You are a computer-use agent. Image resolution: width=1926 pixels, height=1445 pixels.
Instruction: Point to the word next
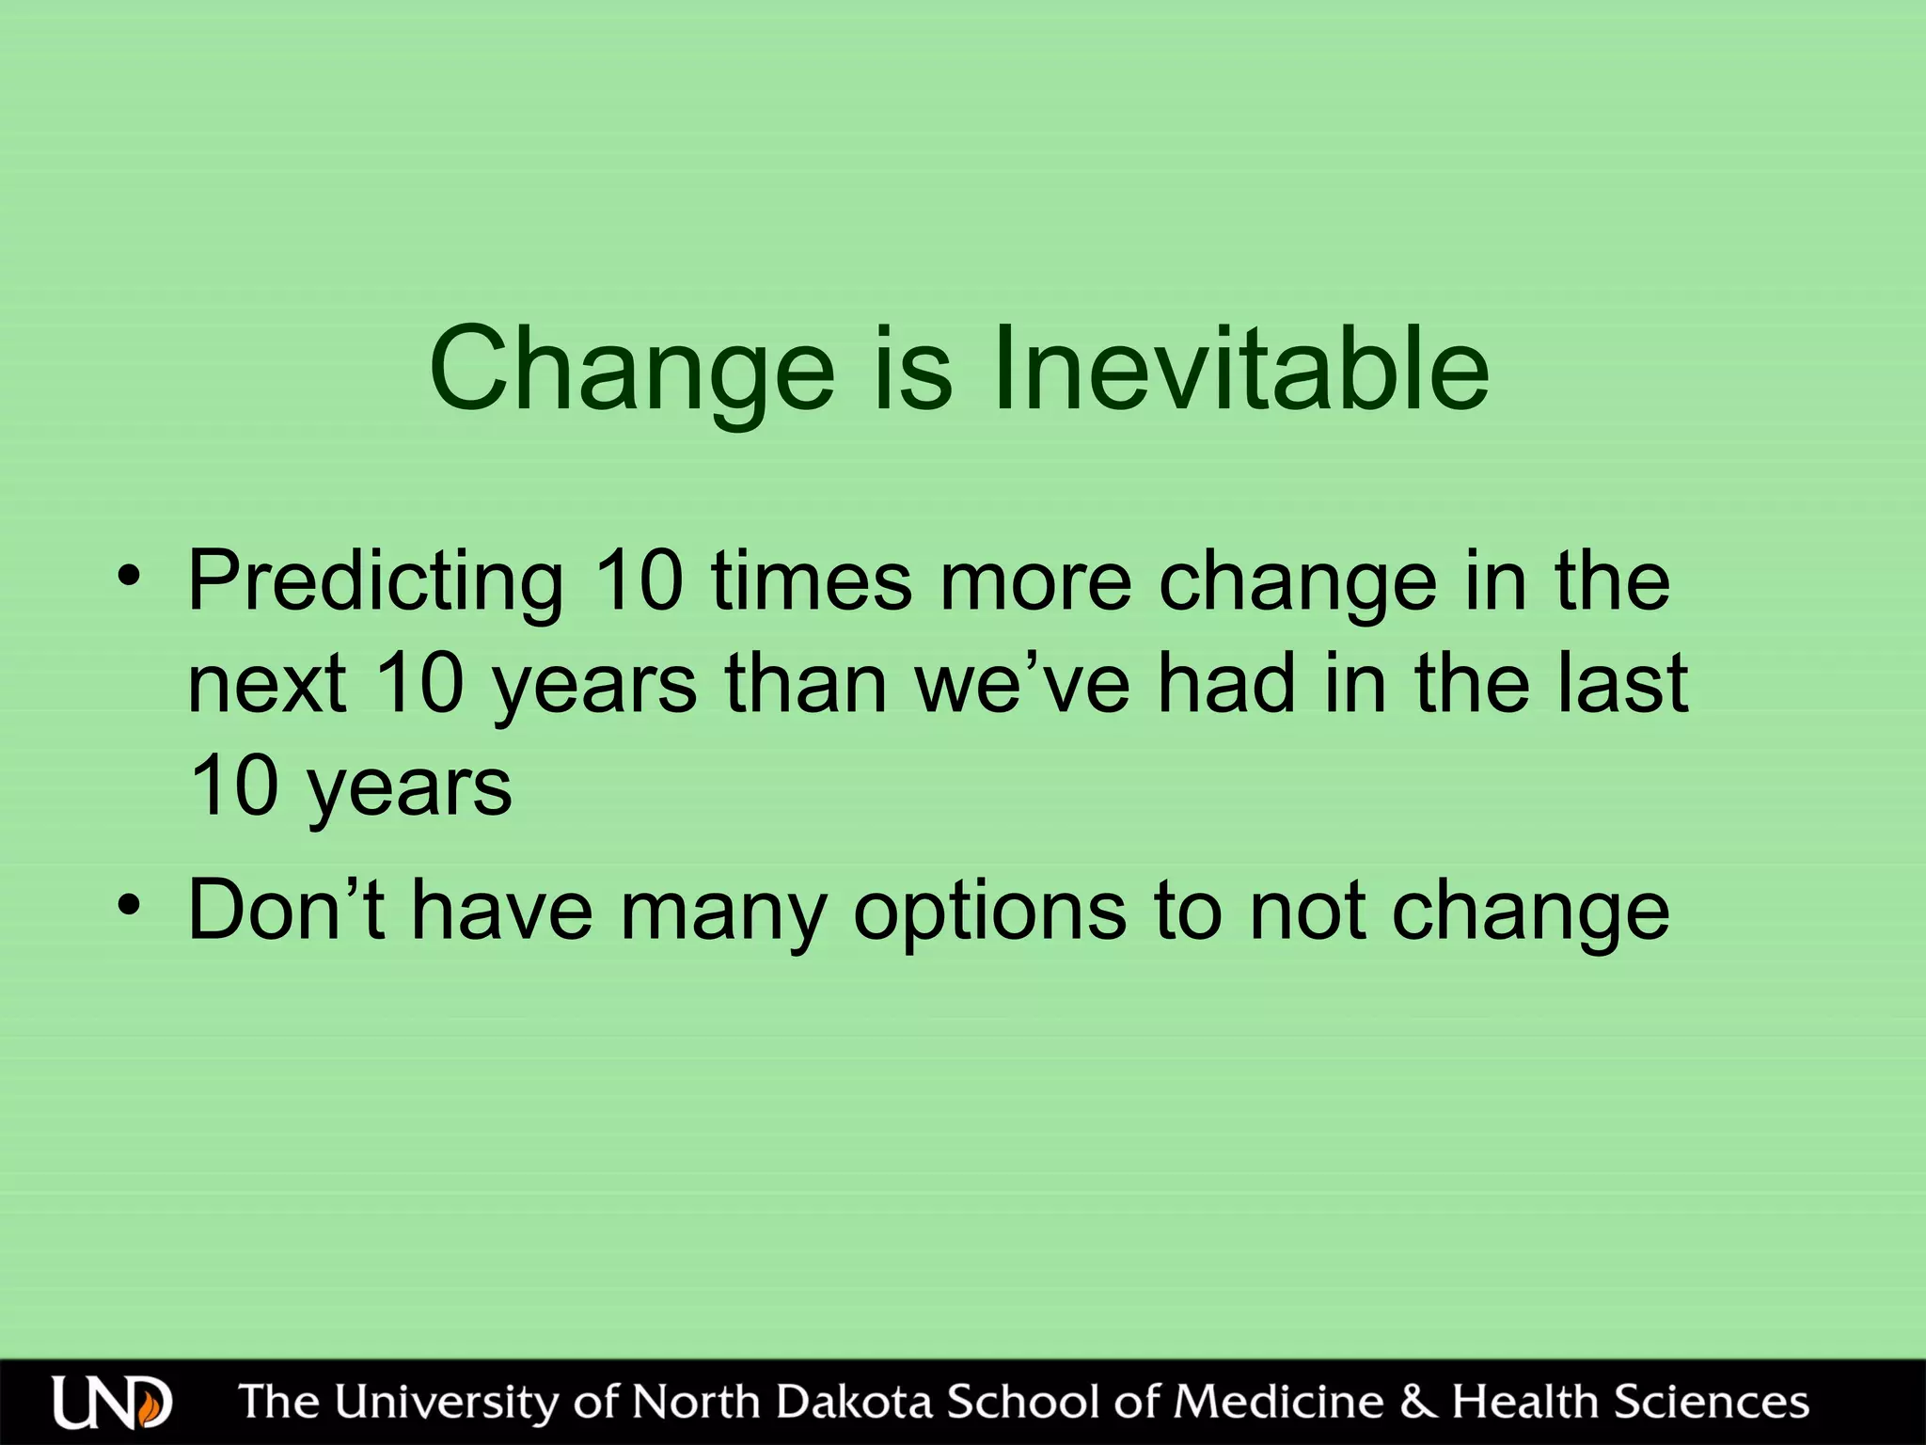coord(267,685)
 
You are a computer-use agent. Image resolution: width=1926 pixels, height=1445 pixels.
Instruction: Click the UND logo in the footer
coord(111,1403)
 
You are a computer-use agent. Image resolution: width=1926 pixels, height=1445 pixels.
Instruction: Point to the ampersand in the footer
coord(1419,1403)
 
